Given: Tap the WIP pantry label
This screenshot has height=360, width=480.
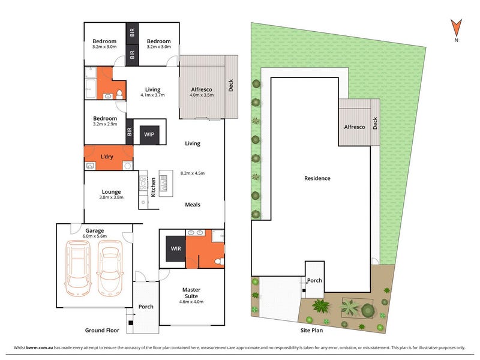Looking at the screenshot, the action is (x=149, y=134).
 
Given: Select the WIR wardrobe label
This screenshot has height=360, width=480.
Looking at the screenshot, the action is (x=176, y=248).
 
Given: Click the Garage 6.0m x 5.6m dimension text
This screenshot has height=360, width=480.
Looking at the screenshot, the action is (x=95, y=236).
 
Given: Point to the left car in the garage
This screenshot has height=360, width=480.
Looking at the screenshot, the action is (x=78, y=268).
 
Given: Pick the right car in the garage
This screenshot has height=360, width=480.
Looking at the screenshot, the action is (x=110, y=268).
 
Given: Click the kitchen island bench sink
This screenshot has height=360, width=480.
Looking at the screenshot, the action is (x=163, y=183).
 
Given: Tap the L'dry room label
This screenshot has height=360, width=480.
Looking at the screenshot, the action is (x=107, y=157).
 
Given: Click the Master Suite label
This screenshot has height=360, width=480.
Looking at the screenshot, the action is (x=191, y=293).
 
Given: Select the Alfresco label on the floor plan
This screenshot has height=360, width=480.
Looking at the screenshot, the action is (x=202, y=89).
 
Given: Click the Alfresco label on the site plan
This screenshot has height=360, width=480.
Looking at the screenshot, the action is (x=355, y=127).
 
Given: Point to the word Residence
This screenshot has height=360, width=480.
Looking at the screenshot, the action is (x=317, y=178).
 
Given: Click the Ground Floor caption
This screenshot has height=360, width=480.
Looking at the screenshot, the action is (x=102, y=331).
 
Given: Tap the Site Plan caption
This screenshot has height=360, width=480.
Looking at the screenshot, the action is (x=311, y=331).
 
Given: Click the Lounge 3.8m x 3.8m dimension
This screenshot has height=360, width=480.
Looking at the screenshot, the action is (x=111, y=197).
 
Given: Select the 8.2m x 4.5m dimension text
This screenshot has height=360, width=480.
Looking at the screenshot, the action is (x=193, y=173).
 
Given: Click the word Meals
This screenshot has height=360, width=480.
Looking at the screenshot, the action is (x=193, y=205).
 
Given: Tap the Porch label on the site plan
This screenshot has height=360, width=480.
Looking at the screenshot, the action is (x=314, y=280).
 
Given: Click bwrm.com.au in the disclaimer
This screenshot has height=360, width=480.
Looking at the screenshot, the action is (x=40, y=347).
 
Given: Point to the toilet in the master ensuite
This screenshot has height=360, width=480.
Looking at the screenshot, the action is (x=220, y=262).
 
